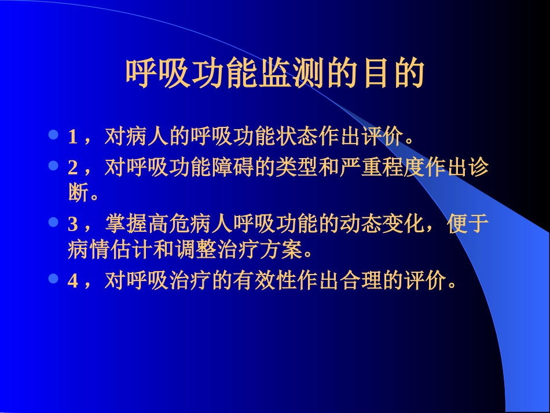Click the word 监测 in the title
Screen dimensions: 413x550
coord(291,73)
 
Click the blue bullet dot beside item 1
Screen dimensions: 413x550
coord(53,136)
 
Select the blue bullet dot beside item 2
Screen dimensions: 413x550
coord(53,166)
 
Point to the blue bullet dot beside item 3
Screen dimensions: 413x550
coord(53,222)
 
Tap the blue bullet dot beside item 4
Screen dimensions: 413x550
coord(53,279)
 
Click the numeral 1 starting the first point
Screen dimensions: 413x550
coord(72,137)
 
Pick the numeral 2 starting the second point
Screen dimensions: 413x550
coord(72,168)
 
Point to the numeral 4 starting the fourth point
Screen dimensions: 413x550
coord(72,281)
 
